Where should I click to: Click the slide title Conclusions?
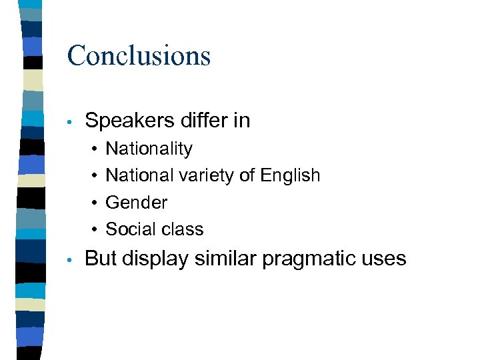pos(139,55)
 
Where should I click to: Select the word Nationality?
pos(149,149)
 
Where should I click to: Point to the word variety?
pos(193,176)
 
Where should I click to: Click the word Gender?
pos(136,202)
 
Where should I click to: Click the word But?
pos(101,258)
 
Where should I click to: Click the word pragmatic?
pos(307,259)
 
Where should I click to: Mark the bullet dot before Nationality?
pos(97,149)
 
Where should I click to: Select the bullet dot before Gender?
pos(97,203)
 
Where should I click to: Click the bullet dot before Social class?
pos(97,230)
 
